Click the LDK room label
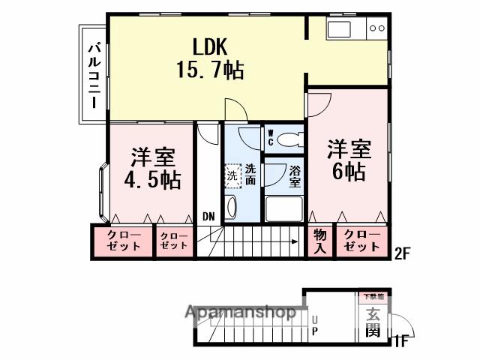point(208,46)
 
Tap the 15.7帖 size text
point(209,71)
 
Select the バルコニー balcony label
point(94,75)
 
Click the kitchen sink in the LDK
point(338,29)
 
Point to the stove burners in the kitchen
point(376,28)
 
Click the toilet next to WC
point(292,139)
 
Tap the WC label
point(271,137)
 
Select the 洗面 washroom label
point(250,174)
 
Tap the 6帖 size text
point(349,172)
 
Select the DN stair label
point(208,217)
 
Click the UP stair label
point(314,324)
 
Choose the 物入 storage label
point(319,241)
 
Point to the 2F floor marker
point(403,253)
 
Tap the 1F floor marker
point(402,341)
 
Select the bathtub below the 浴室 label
point(283,208)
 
